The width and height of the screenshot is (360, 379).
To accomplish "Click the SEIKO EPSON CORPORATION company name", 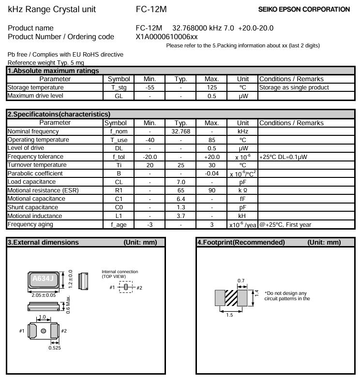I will click(304, 9).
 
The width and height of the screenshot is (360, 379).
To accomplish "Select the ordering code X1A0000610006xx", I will click(166, 37).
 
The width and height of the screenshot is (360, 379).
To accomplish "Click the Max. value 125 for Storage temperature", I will click(211, 87).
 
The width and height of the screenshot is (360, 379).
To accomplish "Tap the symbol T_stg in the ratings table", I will click(119, 87).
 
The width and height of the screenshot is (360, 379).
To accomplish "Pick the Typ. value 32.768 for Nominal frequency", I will click(180, 131).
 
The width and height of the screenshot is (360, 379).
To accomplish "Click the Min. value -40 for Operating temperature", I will click(150, 140).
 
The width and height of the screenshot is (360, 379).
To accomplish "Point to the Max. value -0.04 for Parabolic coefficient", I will click(211, 174).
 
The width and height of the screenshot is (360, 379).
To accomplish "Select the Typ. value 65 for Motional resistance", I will click(180, 190).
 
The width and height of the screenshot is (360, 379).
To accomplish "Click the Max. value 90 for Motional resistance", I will click(211, 190).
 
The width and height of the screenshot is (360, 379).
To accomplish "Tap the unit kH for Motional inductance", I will click(242, 216).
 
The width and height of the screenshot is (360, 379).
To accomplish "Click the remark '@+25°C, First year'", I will click(285, 224).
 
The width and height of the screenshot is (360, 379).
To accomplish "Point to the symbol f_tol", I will click(119, 157).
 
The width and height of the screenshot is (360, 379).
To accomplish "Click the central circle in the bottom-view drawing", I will click(44, 331).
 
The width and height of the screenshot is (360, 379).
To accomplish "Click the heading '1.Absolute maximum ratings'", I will click(53, 71).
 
